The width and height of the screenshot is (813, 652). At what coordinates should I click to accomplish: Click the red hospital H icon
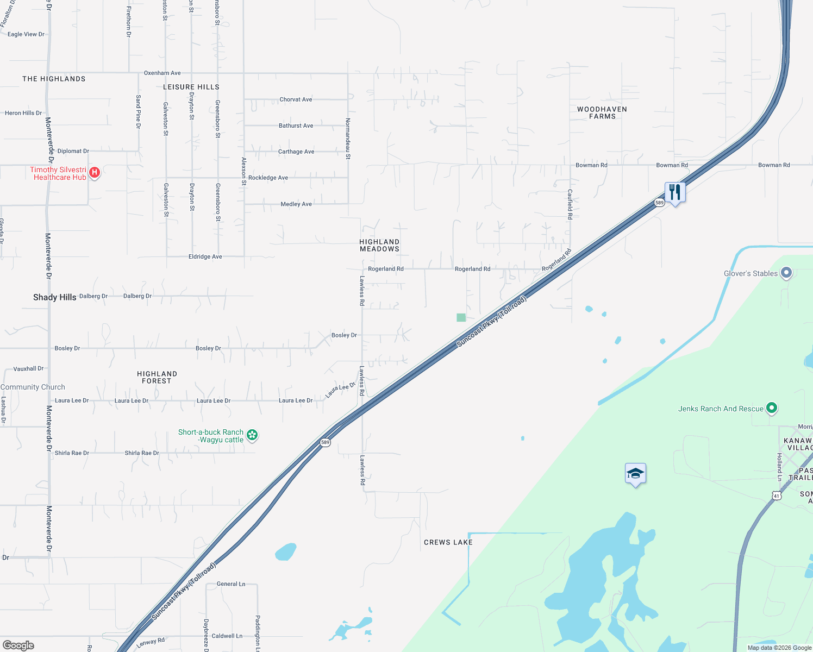point(95,173)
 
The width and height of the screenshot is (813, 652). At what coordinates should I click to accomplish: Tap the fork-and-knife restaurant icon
point(675,192)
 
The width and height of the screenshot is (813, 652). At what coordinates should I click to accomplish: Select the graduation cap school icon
point(635,473)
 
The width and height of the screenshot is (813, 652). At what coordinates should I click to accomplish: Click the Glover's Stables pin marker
point(786,273)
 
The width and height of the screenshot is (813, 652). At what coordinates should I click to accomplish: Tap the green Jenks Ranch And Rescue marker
point(771,408)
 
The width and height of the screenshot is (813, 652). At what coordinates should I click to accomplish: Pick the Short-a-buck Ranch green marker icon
point(252,435)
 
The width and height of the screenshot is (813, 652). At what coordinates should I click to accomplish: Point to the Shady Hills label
point(54,297)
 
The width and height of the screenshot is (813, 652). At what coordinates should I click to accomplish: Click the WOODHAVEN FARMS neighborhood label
point(602,112)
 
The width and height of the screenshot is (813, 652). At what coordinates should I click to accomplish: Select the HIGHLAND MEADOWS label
point(379,246)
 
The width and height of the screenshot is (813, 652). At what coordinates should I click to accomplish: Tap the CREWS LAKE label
point(448,542)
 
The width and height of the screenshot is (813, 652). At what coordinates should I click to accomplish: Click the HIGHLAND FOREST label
point(157,377)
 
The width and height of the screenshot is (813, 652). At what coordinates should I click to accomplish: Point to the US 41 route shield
point(777,496)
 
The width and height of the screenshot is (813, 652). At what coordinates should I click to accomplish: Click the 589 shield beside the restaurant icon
point(659,203)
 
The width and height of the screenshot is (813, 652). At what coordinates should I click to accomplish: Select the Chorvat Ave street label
point(296,99)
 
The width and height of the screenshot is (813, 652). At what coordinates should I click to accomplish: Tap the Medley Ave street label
point(296,204)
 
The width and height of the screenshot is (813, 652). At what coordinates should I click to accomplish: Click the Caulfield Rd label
point(570,204)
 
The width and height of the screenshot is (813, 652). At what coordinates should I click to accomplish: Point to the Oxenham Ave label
point(162,73)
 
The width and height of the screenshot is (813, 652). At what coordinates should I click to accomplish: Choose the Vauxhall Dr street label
point(28,368)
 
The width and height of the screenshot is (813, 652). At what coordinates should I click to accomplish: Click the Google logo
point(18,645)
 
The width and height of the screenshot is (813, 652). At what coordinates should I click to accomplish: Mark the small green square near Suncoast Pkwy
point(461,317)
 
